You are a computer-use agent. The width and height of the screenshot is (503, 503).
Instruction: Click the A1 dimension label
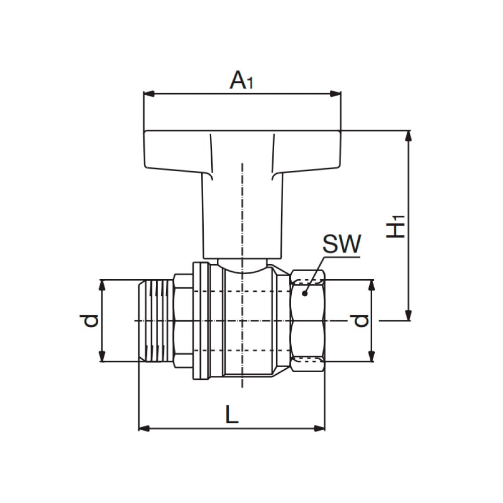tap(241, 80)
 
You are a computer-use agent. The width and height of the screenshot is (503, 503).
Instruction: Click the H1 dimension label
tap(397, 226)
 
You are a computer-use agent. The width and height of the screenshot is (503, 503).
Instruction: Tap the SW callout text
tap(342, 245)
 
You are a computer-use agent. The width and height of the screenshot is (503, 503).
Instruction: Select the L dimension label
tap(231, 415)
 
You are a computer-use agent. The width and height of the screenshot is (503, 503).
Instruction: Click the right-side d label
tap(360, 320)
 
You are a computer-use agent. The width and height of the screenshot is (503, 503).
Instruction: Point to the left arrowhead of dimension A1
tap(148, 93)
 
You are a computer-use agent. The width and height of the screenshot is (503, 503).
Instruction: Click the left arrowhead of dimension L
tap(143, 428)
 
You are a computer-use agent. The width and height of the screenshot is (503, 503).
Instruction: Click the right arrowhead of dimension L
tap(320, 428)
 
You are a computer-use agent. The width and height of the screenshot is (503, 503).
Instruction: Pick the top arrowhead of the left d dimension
tap(102, 284)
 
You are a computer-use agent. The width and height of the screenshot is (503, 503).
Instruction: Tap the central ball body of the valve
tap(249, 322)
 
